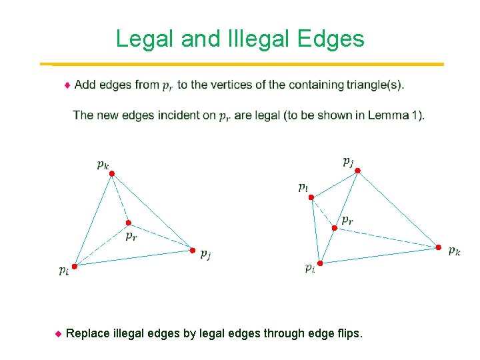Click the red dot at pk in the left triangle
(x=112, y=173)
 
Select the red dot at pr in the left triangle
(x=129, y=223)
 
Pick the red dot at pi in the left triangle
(x=75, y=266)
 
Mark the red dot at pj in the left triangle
(x=193, y=251)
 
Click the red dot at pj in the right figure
(x=357, y=171)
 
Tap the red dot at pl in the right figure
(x=311, y=197)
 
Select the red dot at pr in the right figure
(x=335, y=228)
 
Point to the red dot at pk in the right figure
(x=438, y=247)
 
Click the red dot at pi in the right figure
(x=320, y=263)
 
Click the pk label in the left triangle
(x=103, y=164)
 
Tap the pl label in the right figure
(x=303, y=187)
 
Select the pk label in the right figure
(x=454, y=251)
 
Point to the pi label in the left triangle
(x=63, y=270)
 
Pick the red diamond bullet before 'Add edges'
(x=67, y=85)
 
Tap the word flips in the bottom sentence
(x=349, y=333)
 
